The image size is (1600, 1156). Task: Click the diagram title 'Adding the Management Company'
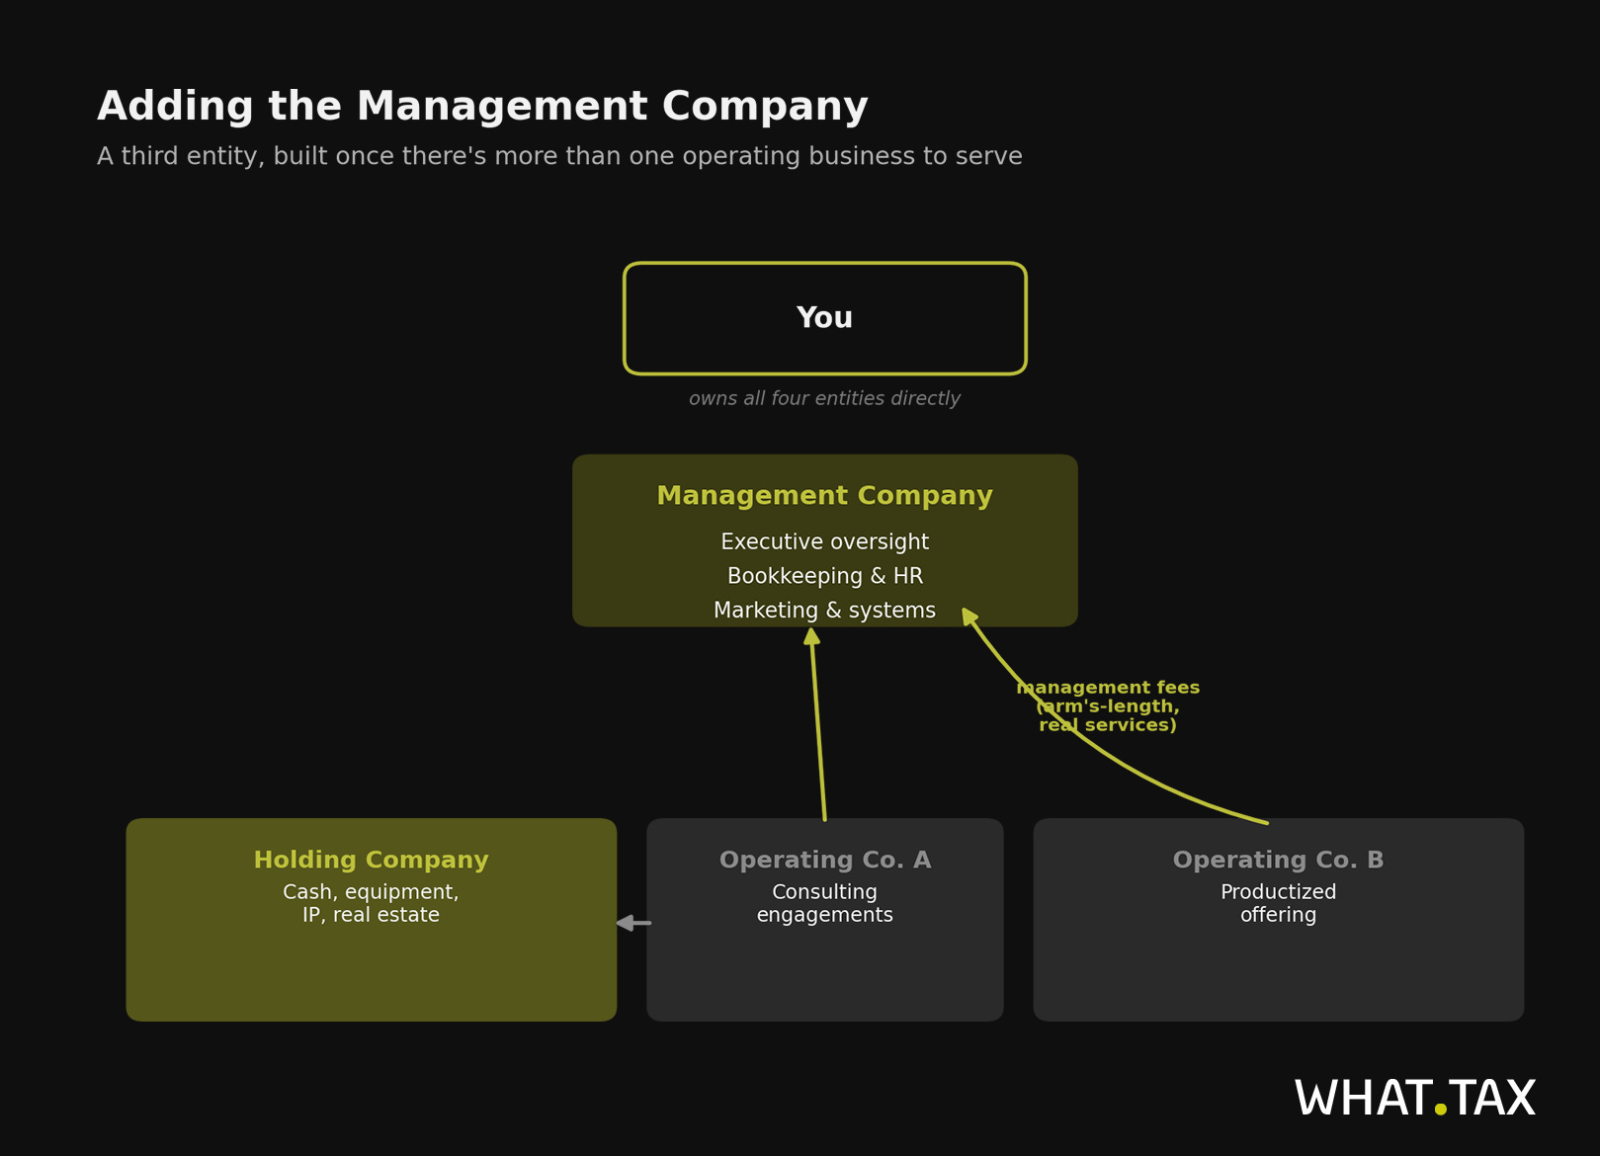tap(482, 107)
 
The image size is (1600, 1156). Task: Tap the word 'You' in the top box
tap(824, 318)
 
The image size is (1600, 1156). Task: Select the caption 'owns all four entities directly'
tap(824, 398)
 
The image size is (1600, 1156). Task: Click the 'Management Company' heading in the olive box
tap(824, 496)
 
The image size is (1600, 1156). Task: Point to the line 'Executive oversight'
tap(824, 542)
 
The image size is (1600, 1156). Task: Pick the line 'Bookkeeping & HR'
tap(824, 576)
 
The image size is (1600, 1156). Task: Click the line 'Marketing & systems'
tap(824, 611)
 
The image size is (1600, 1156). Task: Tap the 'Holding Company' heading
tap(371, 861)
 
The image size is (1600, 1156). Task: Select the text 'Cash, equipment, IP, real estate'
tap(371, 903)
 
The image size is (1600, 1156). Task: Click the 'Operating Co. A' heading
tap(825, 861)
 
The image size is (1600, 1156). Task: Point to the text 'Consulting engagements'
tap(825, 903)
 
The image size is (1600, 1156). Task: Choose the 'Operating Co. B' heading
tap(1279, 861)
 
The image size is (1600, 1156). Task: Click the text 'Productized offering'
tap(1279, 903)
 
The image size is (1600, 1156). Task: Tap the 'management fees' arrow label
tap(1108, 706)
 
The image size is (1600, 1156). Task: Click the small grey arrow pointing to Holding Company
tap(633, 923)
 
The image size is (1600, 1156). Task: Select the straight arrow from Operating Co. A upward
tap(818, 724)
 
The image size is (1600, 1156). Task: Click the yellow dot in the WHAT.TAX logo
tap(1440, 1109)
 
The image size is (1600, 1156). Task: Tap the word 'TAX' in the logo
tap(1491, 1098)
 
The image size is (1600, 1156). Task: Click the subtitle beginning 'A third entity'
tap(559, 156)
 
